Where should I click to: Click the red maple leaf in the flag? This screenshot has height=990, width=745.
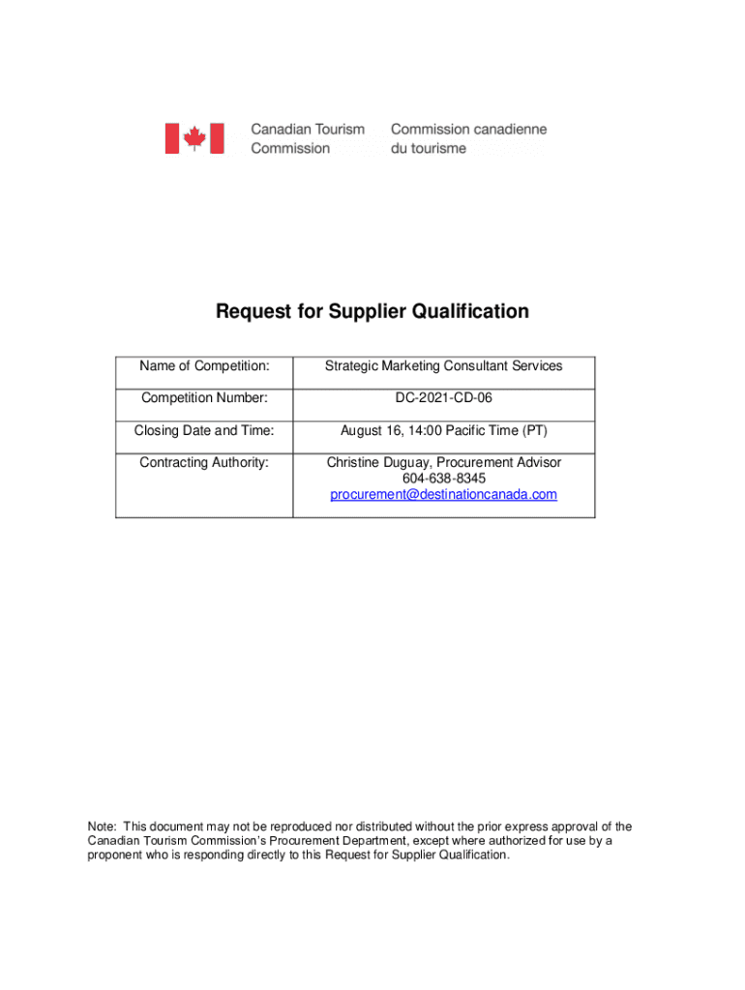click(x=194, y=138)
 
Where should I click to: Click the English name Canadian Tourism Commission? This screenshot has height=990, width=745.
click(x=308, y=138)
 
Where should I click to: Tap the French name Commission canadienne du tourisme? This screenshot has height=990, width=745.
click(x=468, y=138)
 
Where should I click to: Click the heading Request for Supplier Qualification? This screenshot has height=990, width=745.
click(x=372, y=311)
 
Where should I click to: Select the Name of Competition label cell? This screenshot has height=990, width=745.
click(x=204, y=366)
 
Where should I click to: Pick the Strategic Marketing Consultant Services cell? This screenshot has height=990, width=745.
click(x=443, y=366)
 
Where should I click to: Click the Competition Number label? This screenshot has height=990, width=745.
click(x=204, y=398)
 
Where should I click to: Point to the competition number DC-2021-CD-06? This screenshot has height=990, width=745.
click(x=443, y=398)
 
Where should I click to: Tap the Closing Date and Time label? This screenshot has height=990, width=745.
click(x=204, y=430)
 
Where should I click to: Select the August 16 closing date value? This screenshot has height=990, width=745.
click(x=443, y=430)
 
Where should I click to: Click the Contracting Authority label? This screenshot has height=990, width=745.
click(x=204, y=462)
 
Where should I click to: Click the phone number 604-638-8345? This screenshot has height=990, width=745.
click(x=443, y=479)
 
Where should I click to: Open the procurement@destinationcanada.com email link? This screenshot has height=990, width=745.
click(x=443, y=495)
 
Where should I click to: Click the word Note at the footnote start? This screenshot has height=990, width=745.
click(x=102, y=827)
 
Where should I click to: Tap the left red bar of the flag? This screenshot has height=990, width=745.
click(x=172, y=138)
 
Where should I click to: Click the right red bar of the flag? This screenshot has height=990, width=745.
click(x=217, y=138)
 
